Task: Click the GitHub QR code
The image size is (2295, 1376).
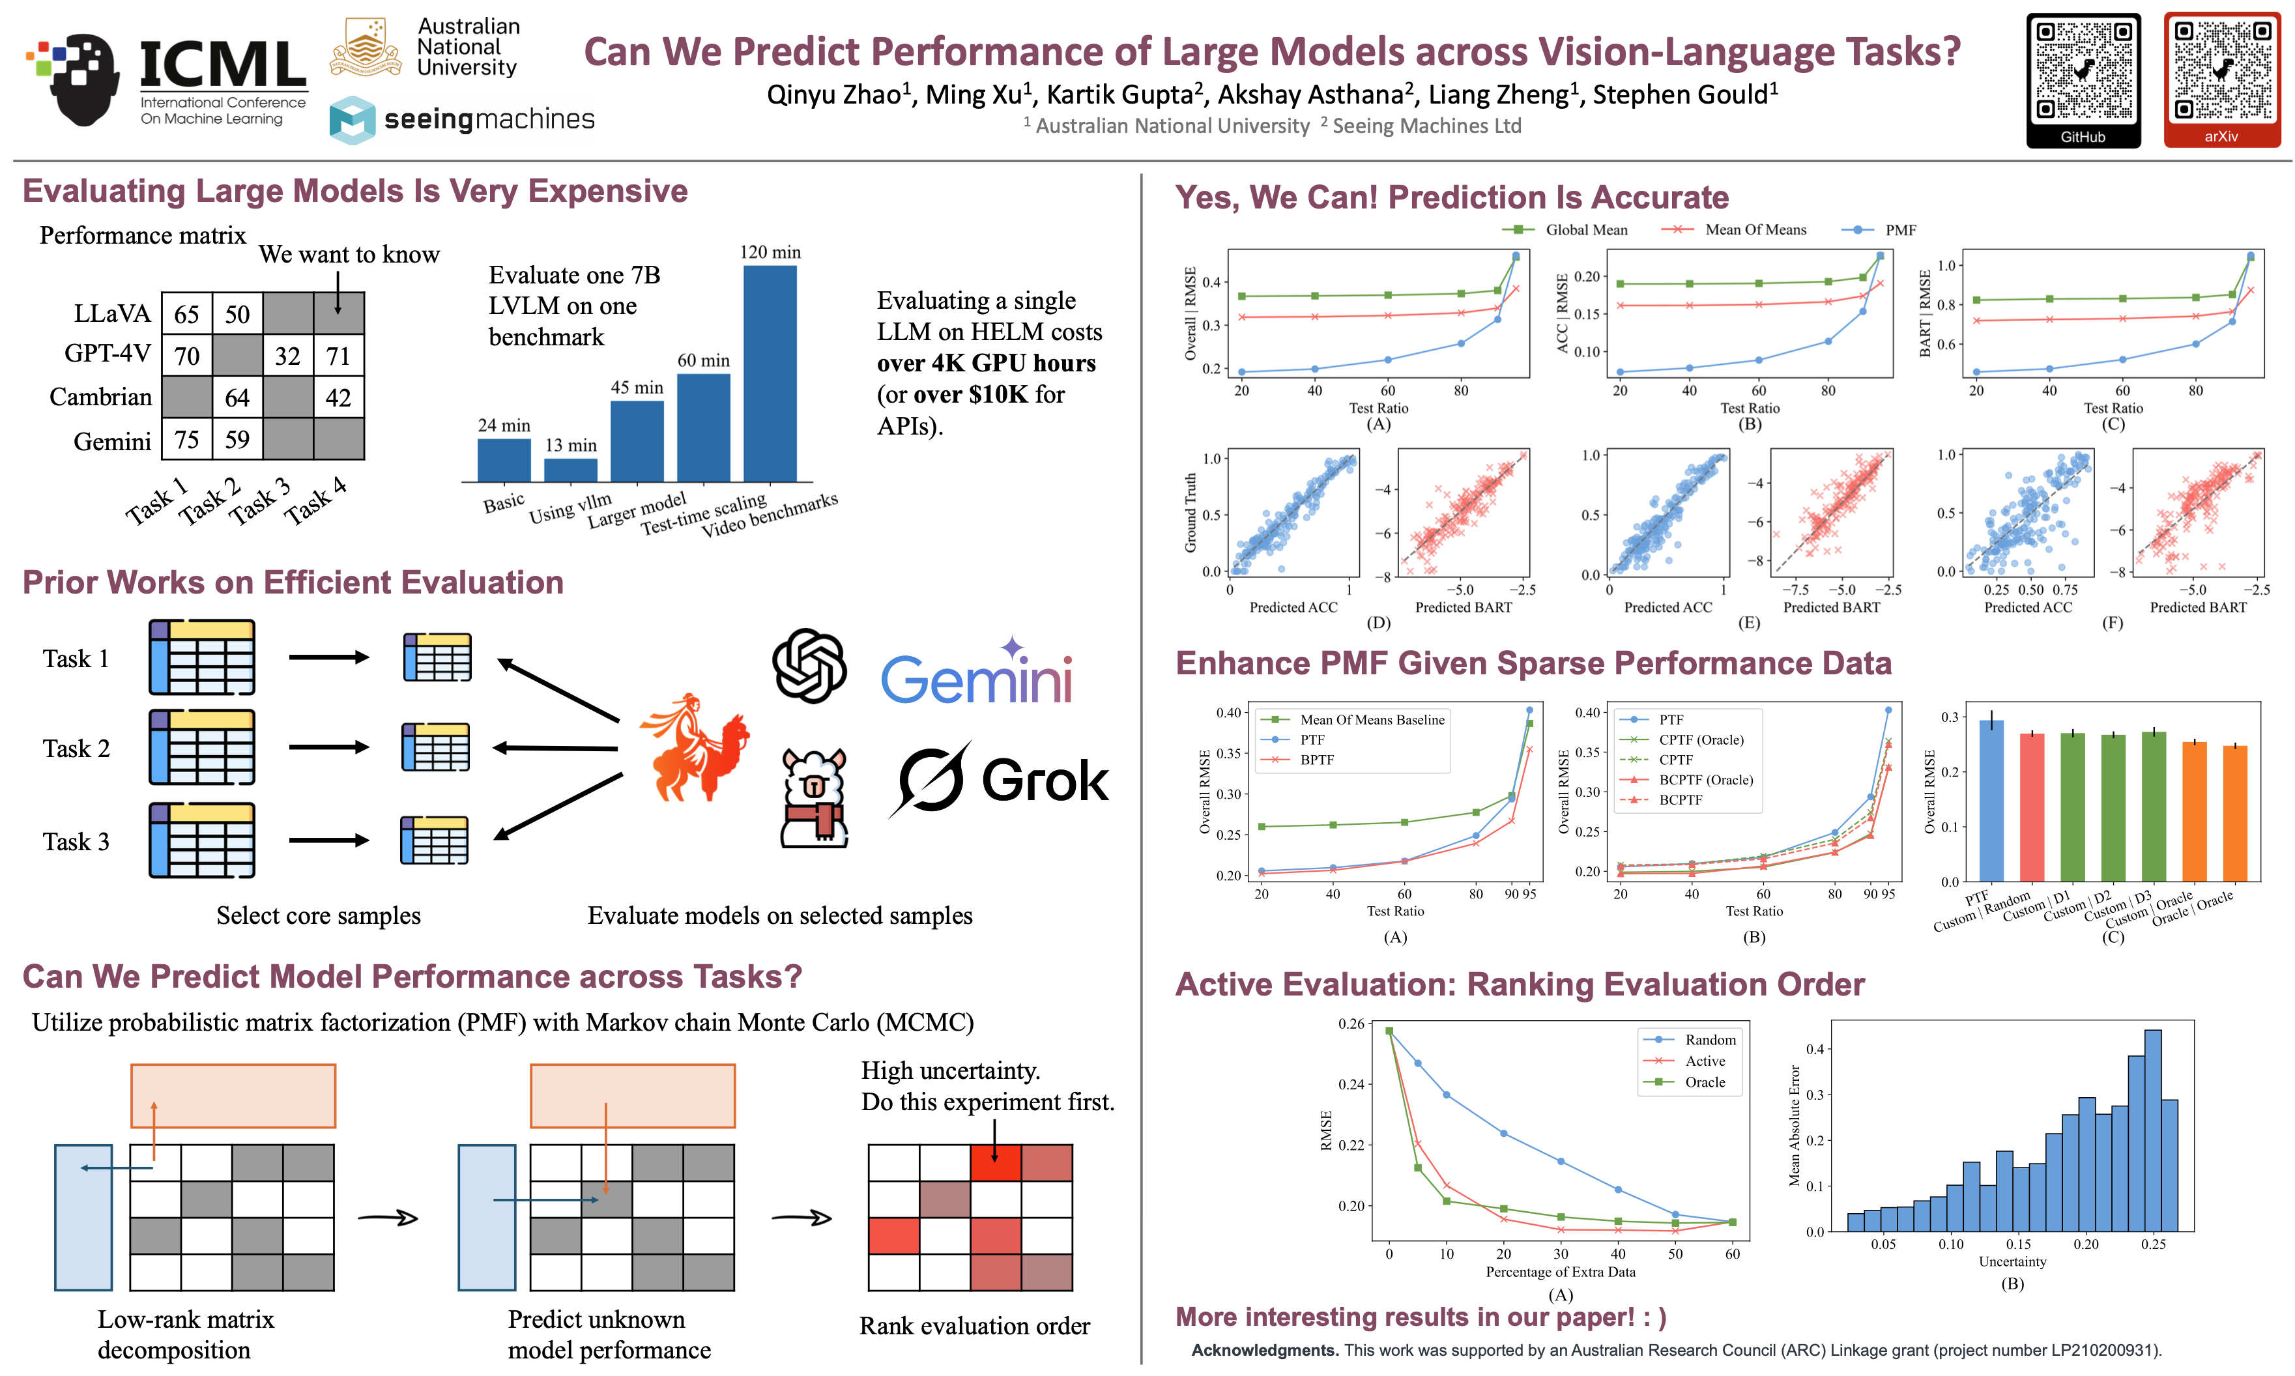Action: [2083, 72]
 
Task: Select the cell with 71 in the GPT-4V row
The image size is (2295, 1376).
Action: [338, 356]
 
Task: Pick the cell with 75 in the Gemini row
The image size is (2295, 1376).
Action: [187, 440]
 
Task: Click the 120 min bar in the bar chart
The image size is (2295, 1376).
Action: [770, 373]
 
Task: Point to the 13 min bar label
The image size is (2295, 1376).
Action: [570, 445]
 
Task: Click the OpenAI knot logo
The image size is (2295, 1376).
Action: [809, 666]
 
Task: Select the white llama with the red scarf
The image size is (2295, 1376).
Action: [813, 799]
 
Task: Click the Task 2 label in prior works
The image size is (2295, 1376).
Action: [76, 749]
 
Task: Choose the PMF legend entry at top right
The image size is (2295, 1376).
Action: [1899, 230]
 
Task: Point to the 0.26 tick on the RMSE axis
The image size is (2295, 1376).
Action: [1350, 1024]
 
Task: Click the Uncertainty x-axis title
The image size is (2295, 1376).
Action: [2012, 1261]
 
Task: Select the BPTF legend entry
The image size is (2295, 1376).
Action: [1316, 760]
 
